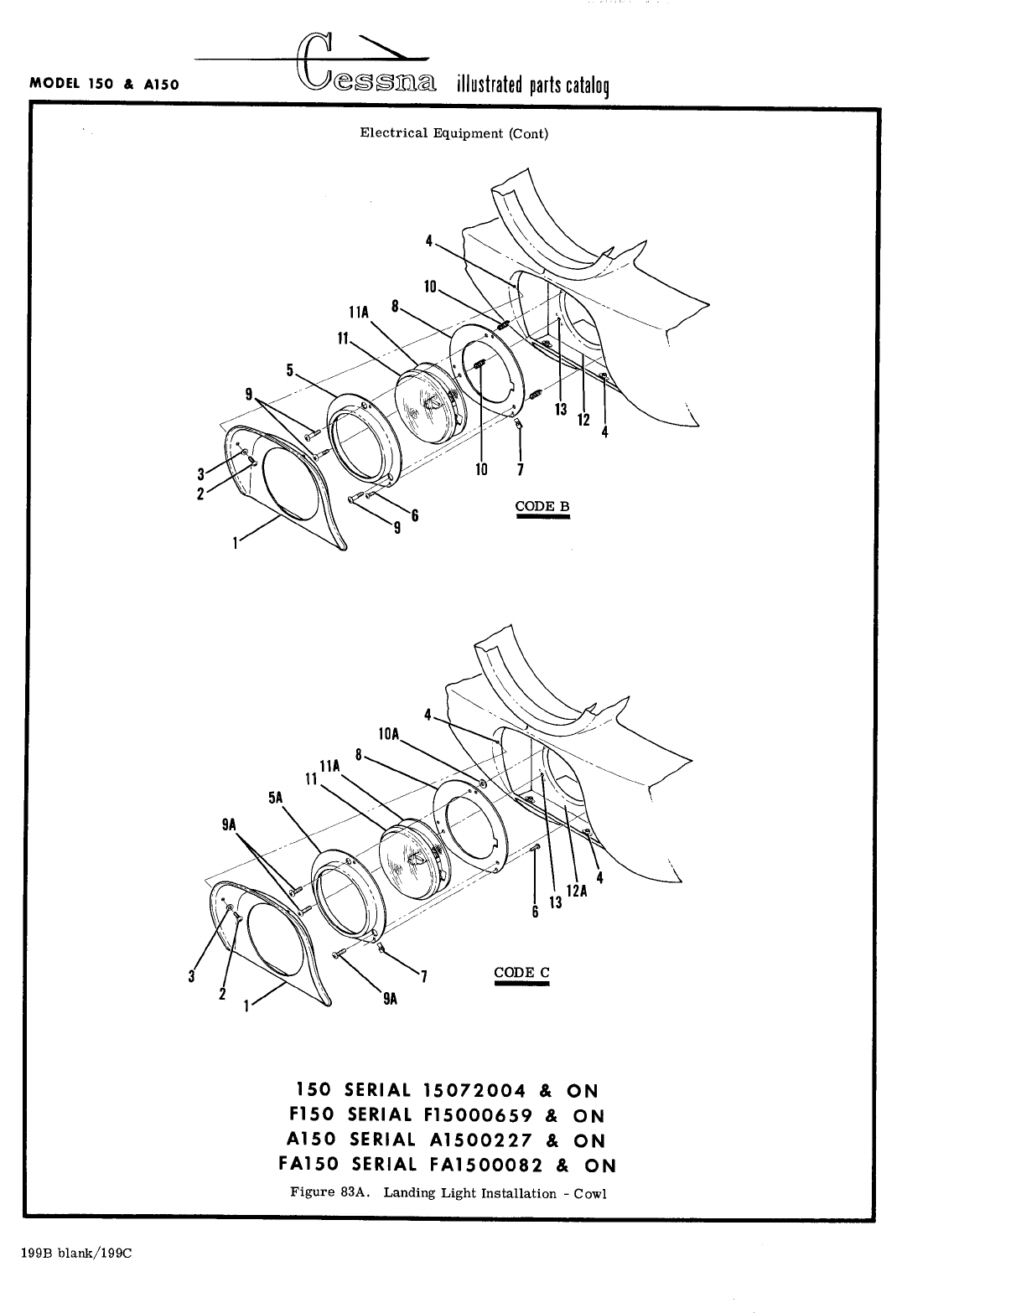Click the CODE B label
tap(542, 506)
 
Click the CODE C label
tap(521, 972)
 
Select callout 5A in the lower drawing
tap(277, 798)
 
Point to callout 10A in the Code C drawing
tap(389, 734)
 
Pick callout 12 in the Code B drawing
tap(583, 418)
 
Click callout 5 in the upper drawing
tap(290, 369)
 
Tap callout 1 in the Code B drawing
tap(236, 543)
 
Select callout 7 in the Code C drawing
tap(424, 976)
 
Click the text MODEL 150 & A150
tap(104, 84)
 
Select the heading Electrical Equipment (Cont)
tap(454, 133)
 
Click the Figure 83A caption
tap(448, 1192)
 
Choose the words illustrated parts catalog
tap(532, 85)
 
